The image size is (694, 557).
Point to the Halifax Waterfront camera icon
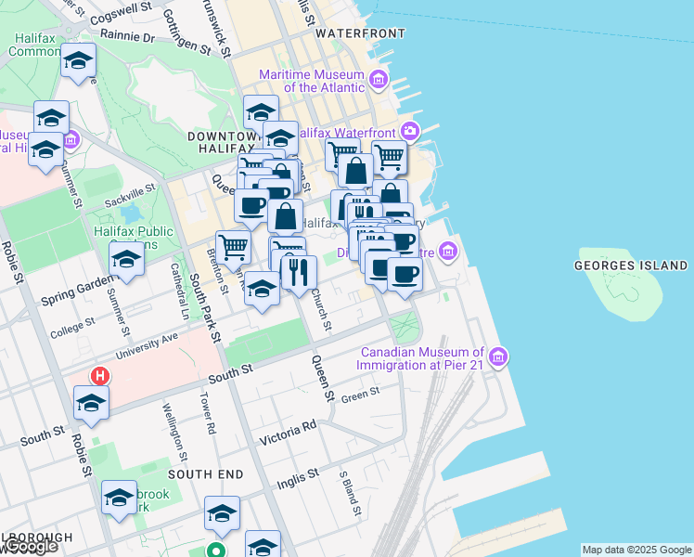click(409, 132)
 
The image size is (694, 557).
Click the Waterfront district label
click(360, 33)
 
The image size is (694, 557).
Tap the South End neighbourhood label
click(206, 474)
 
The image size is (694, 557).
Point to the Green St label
click(361, 394)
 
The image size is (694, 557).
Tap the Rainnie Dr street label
click(129, 38)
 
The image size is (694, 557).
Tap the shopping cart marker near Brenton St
click(234, 246)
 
